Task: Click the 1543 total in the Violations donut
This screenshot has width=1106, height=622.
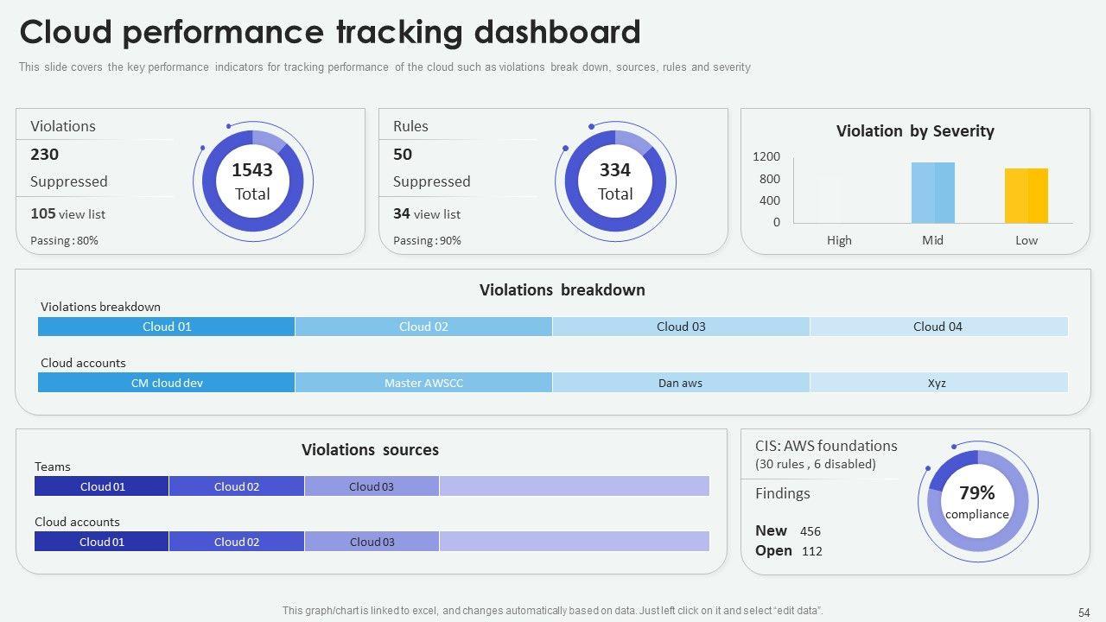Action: pyautogui.click(x=252, y=170)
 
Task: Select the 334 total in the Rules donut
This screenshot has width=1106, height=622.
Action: pyautogui.click(x=615, y=170)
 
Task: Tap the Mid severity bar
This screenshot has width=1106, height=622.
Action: pyautogui.click(x=933, y=193)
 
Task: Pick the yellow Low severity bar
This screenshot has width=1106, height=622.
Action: pyautogui.click(x=1027, y=196)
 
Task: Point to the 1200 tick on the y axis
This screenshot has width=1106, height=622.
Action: pyautogui.click(x=766, y=156)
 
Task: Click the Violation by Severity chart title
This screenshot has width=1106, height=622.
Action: pyautogui.click(x=915, y=131)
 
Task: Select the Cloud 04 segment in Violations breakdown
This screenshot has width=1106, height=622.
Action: pyautogui.click(x=938, y=327)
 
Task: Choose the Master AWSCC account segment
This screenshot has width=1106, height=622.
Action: pyautogui.click(x=423, y=383)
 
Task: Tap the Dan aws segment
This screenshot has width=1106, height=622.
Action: pyautogui.click(x=681, y=383)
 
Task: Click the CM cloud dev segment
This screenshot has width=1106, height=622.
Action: pyautogui.click(x=167, y=383)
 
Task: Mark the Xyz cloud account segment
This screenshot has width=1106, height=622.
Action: pyautogui.click(x=938, y=383)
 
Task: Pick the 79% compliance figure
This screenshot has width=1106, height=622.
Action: pyautogui.click(x=977, y=493)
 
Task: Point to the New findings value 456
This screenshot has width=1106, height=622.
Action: pyautogui.click(x=810, y=531)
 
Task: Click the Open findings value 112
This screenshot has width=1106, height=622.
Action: pyautogui.click(x=812, y=551)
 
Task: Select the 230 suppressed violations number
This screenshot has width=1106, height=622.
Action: pyautogui.click(x=45, y=155)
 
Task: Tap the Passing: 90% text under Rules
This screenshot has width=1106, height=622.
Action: pyautogui.click(x=427, y=241)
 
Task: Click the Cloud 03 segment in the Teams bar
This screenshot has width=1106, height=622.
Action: pyautogui.click(x=372, y=486)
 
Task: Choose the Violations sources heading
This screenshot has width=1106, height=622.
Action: pyautogui.click(x=370, y=450)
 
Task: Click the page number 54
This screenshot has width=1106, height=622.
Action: pyautogui.click(x=1084, y=612)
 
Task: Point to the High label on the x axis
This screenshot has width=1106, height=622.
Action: pyautogui.click(x=839, y=240)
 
